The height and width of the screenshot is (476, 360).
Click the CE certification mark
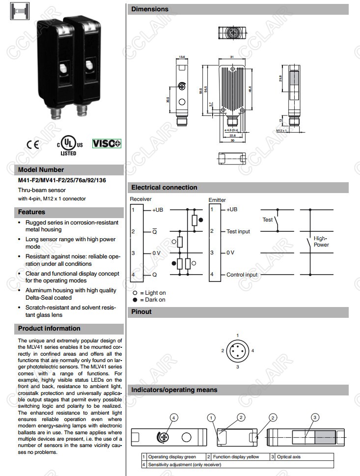33,144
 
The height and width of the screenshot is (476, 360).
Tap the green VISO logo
106,144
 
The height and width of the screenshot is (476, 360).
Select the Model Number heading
41,169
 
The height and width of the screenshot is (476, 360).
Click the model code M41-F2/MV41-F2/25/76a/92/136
62,180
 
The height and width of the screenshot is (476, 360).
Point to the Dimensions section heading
150,9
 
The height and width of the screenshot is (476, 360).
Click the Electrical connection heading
164,187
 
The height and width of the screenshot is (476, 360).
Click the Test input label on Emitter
238,231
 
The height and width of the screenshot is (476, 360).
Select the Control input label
242,275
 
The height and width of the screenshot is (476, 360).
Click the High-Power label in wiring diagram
321,241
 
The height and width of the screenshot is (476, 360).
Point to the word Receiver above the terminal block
141,199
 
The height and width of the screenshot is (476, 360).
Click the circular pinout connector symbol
237,351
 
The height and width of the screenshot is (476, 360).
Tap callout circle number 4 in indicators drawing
172,418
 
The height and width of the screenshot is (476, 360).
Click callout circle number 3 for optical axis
315,417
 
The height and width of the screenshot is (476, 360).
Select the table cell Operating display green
171,457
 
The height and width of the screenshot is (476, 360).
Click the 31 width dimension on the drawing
231,56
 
